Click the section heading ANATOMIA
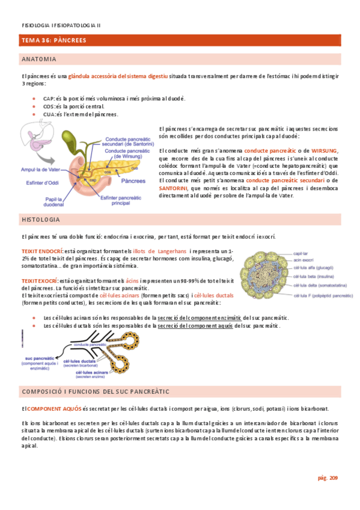click(x=39, y=60)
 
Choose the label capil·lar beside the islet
click(x=302, y=254)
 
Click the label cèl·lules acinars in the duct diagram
click(x=91, y=373)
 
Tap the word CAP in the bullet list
click(x=49, y=98)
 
